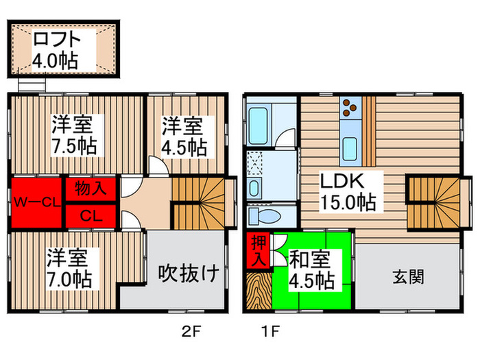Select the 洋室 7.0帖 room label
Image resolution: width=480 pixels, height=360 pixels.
pyautogui.click(x=69, y=269)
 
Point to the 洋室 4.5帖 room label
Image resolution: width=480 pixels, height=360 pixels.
pyautogui.click(x=184, y=136)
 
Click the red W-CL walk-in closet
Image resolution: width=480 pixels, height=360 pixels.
pyautogui.click(x=35, y=202)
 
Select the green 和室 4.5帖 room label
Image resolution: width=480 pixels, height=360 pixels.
pyautogui.click(x=312, y=269)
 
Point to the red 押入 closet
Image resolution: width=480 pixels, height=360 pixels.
pyautogui.click(x=258, y=252)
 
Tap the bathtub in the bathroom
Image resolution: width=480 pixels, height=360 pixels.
pyautogui.click(x=261, y=124)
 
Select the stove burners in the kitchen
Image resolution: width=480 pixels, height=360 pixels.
pyautogui.click(x=350, y=107)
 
